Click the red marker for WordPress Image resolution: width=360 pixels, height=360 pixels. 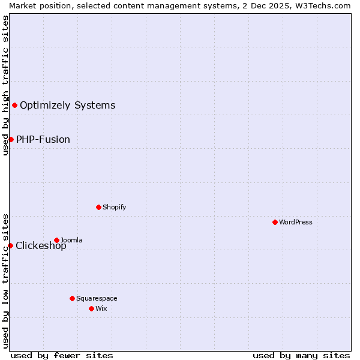point(275,222)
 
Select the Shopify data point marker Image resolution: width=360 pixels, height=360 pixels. point(98,207)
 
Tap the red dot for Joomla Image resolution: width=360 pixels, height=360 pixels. point(56,240)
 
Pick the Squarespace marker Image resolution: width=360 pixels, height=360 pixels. point(72,298)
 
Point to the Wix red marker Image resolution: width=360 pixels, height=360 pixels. point(91,308)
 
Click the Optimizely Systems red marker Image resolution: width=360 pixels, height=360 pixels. point(14,106)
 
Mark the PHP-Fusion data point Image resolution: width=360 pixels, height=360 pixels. point(11,140)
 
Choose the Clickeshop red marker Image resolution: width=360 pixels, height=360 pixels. point(10,245)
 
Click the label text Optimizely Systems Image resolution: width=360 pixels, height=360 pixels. point(67,106)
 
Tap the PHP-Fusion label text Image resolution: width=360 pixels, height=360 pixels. point(43,140)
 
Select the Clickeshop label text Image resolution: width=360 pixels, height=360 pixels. point(41,246)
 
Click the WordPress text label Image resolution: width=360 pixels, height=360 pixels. point(296,222)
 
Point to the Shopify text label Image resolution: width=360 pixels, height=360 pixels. point(114,207)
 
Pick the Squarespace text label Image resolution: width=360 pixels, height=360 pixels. point(97,298)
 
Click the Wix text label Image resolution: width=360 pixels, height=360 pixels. point(101,308)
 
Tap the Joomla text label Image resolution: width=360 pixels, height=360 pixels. point(71,240)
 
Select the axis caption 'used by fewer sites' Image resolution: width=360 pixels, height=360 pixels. point(62,355)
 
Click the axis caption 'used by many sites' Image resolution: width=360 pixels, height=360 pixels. point(301,355)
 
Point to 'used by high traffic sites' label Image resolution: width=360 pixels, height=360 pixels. point(5,85)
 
